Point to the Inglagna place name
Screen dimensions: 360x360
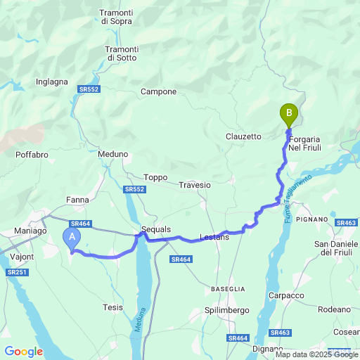point(52,82)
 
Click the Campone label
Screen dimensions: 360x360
point(158,92)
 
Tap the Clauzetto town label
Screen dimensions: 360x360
point(244,136)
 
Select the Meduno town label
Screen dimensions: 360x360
point(113,154)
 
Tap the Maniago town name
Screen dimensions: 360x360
point(30,231)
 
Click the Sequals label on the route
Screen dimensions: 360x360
point(156,230)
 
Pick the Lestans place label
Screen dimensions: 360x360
point(215,238)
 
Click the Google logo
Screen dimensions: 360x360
point(23,352)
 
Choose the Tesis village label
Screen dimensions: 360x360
point(112,307)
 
